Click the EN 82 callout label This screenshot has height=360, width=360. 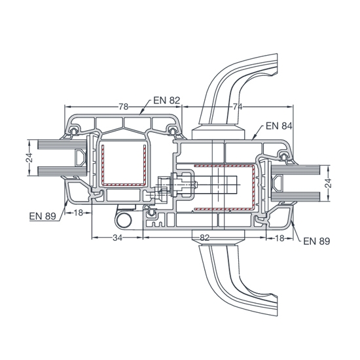click(167, 101)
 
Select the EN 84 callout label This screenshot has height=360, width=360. click(279, 126)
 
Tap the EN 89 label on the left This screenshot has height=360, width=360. click(43, 216)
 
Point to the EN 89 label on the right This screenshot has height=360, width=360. click(317, 242)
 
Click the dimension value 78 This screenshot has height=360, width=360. click(123, 107)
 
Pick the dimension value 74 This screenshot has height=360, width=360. click(238, 107)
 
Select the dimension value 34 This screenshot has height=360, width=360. click(117, 238)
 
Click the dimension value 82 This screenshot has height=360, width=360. click(204, 238)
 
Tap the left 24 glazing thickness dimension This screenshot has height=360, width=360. click(29, 158)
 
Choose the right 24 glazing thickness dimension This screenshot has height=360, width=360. click(329, 183)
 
